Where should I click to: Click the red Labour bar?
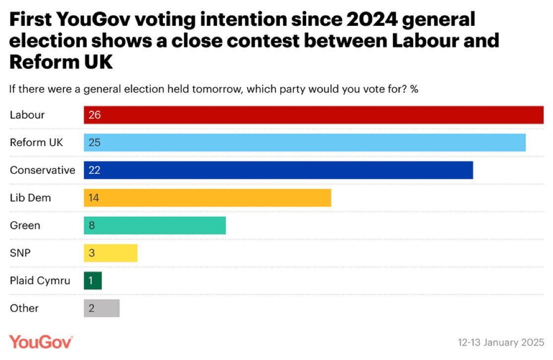pos(314,115)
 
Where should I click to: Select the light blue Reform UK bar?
pos(304,143)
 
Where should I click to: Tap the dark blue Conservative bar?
pos(278,170)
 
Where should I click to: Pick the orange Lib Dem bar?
pos(207,198)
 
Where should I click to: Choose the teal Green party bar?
pos(155,226)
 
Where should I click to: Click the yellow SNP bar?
pos(111,254)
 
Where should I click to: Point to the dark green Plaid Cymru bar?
pos(93,281)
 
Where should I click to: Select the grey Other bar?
pos(102,309)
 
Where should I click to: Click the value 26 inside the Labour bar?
pos(94,115)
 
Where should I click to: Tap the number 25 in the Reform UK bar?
pos(94,143)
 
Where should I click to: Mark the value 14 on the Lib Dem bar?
pos(94,198)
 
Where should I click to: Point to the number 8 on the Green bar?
pos(92,226)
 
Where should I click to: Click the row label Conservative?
pos(43,170)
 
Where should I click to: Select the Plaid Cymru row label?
pos(40,281)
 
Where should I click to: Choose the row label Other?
pos(24,309)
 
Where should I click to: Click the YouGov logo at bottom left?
pos(41,342)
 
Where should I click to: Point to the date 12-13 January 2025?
pos(501,342)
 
